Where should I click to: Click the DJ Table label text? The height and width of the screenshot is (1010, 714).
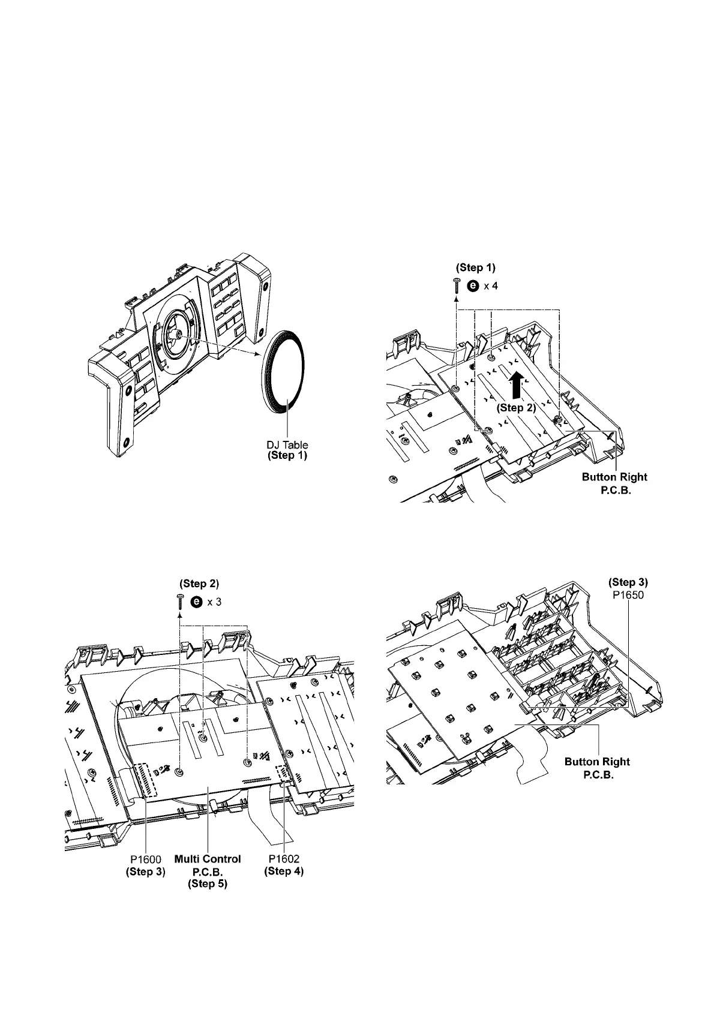click(287, 445)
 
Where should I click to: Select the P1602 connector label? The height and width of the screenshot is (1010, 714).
click(284, 859)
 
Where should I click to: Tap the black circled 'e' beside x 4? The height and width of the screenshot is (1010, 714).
click(473, 286)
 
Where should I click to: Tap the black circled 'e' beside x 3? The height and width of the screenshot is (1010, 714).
click(196, 602)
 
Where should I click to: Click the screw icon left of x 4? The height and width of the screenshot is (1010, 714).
click(456, 286)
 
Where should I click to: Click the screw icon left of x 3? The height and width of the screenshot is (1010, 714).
click(179, 602)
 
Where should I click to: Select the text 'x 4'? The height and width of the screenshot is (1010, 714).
click(491, 286)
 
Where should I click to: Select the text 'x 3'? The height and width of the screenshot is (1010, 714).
click(214, 602)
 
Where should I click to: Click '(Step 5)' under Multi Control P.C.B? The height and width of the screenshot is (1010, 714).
click(208, 883)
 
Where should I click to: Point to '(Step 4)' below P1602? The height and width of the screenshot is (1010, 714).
click(284, 871)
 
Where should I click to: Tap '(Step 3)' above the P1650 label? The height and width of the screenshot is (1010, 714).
click(628, 582)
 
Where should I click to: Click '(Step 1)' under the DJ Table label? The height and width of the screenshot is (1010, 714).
click(287, 455)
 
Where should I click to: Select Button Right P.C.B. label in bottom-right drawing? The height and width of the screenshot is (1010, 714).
click(597, 768)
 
